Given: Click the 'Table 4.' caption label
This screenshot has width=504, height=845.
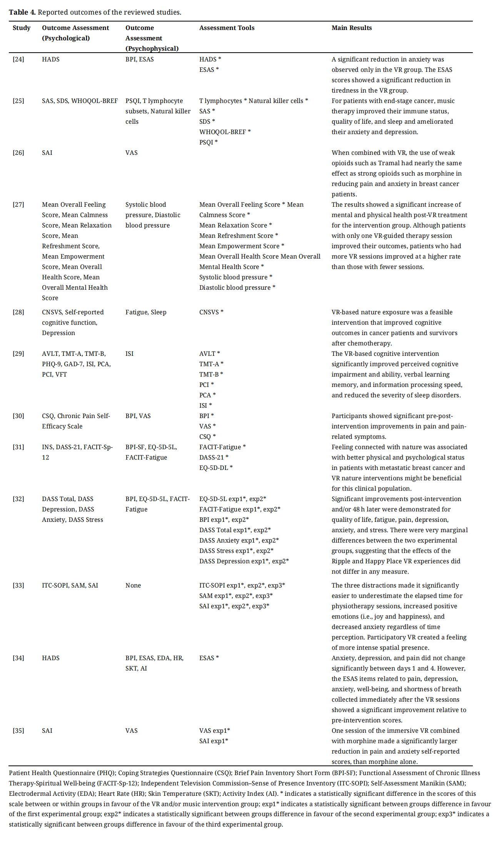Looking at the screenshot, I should point(22,12).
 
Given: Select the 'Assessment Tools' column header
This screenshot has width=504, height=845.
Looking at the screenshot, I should point(227,28).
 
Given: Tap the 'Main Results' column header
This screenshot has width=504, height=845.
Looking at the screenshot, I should point(351,28).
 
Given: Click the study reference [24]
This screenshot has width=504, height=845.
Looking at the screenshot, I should point(18,59).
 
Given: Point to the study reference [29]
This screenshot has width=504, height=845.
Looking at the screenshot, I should point(18,354).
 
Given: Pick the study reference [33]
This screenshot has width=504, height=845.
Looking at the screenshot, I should point(18,585).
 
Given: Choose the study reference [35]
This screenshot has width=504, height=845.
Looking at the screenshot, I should point(18,730).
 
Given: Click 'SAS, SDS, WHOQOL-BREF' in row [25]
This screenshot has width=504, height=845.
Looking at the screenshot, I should point(80,101).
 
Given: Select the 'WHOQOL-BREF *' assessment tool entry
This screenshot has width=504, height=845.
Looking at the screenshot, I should point(225,132).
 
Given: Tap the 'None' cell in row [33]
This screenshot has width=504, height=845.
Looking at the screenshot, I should point(133,585).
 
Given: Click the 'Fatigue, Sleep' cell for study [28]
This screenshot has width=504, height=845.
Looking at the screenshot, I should point(146,312).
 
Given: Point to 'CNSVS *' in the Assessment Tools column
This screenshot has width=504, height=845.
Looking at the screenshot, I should point(211,312).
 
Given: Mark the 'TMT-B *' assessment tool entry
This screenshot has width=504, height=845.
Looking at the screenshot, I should point(211,374).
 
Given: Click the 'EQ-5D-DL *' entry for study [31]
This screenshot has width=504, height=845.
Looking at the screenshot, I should point(216,468).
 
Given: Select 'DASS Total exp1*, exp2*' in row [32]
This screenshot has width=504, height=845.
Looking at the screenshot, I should point(235,530).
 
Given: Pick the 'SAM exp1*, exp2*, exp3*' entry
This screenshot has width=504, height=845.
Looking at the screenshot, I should point(236,596).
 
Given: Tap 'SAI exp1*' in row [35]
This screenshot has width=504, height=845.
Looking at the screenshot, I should point(214,741).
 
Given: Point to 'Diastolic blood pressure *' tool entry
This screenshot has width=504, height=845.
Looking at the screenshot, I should point(237,287).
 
